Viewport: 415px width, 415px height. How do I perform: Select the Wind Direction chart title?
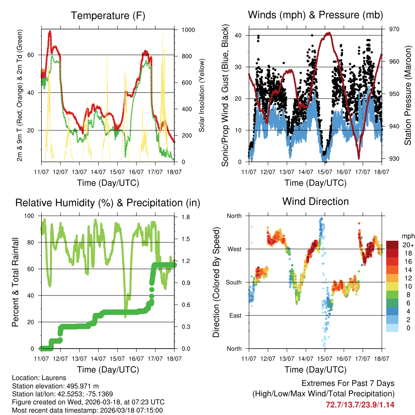click(x=315, y=201)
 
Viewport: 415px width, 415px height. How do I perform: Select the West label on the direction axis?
click(x=234, y=249)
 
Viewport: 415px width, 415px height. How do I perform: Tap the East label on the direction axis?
click(x=234, y=315)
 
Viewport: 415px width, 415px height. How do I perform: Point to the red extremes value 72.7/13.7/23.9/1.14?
click(x=360, y=404)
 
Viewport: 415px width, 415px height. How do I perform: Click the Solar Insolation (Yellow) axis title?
click(x=201, y=95)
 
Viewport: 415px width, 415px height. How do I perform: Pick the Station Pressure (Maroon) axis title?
click(x=408, y=95)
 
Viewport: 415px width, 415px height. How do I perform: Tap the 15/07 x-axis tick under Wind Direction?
click(x=325, y=358)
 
